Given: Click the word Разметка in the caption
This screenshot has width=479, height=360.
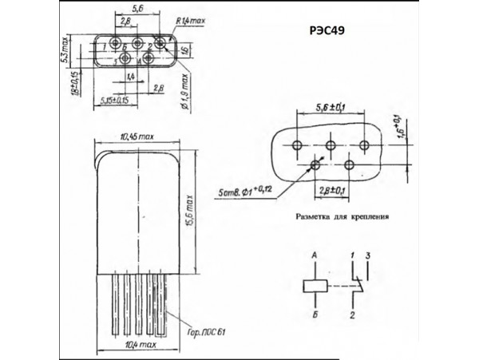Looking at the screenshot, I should [x=319, y=215].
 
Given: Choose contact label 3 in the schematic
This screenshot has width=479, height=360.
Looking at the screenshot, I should [x=368, y=254].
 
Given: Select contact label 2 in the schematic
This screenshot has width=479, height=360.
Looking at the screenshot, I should [x=351, y=317].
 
